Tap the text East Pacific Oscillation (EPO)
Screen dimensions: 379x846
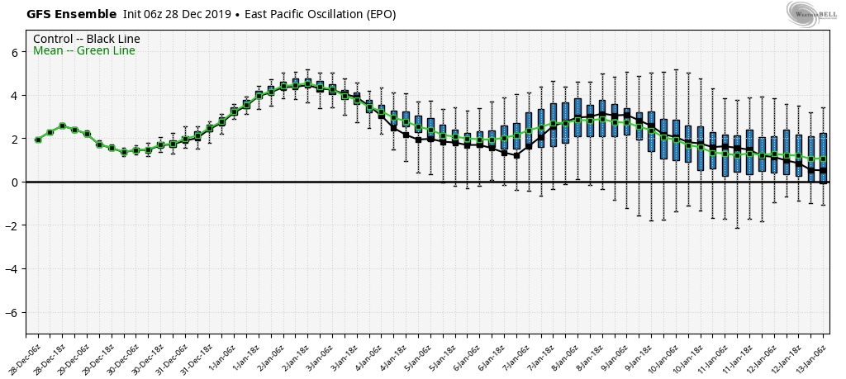[318, 14]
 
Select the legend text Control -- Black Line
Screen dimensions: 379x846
[87, 39]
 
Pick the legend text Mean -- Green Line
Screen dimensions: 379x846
[84, 51]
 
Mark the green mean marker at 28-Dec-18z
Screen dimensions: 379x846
[62, 126]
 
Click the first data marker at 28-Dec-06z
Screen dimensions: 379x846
[38, 140]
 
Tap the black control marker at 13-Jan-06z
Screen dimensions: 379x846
[823, 170]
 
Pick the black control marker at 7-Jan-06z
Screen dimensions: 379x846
[516, 155]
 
